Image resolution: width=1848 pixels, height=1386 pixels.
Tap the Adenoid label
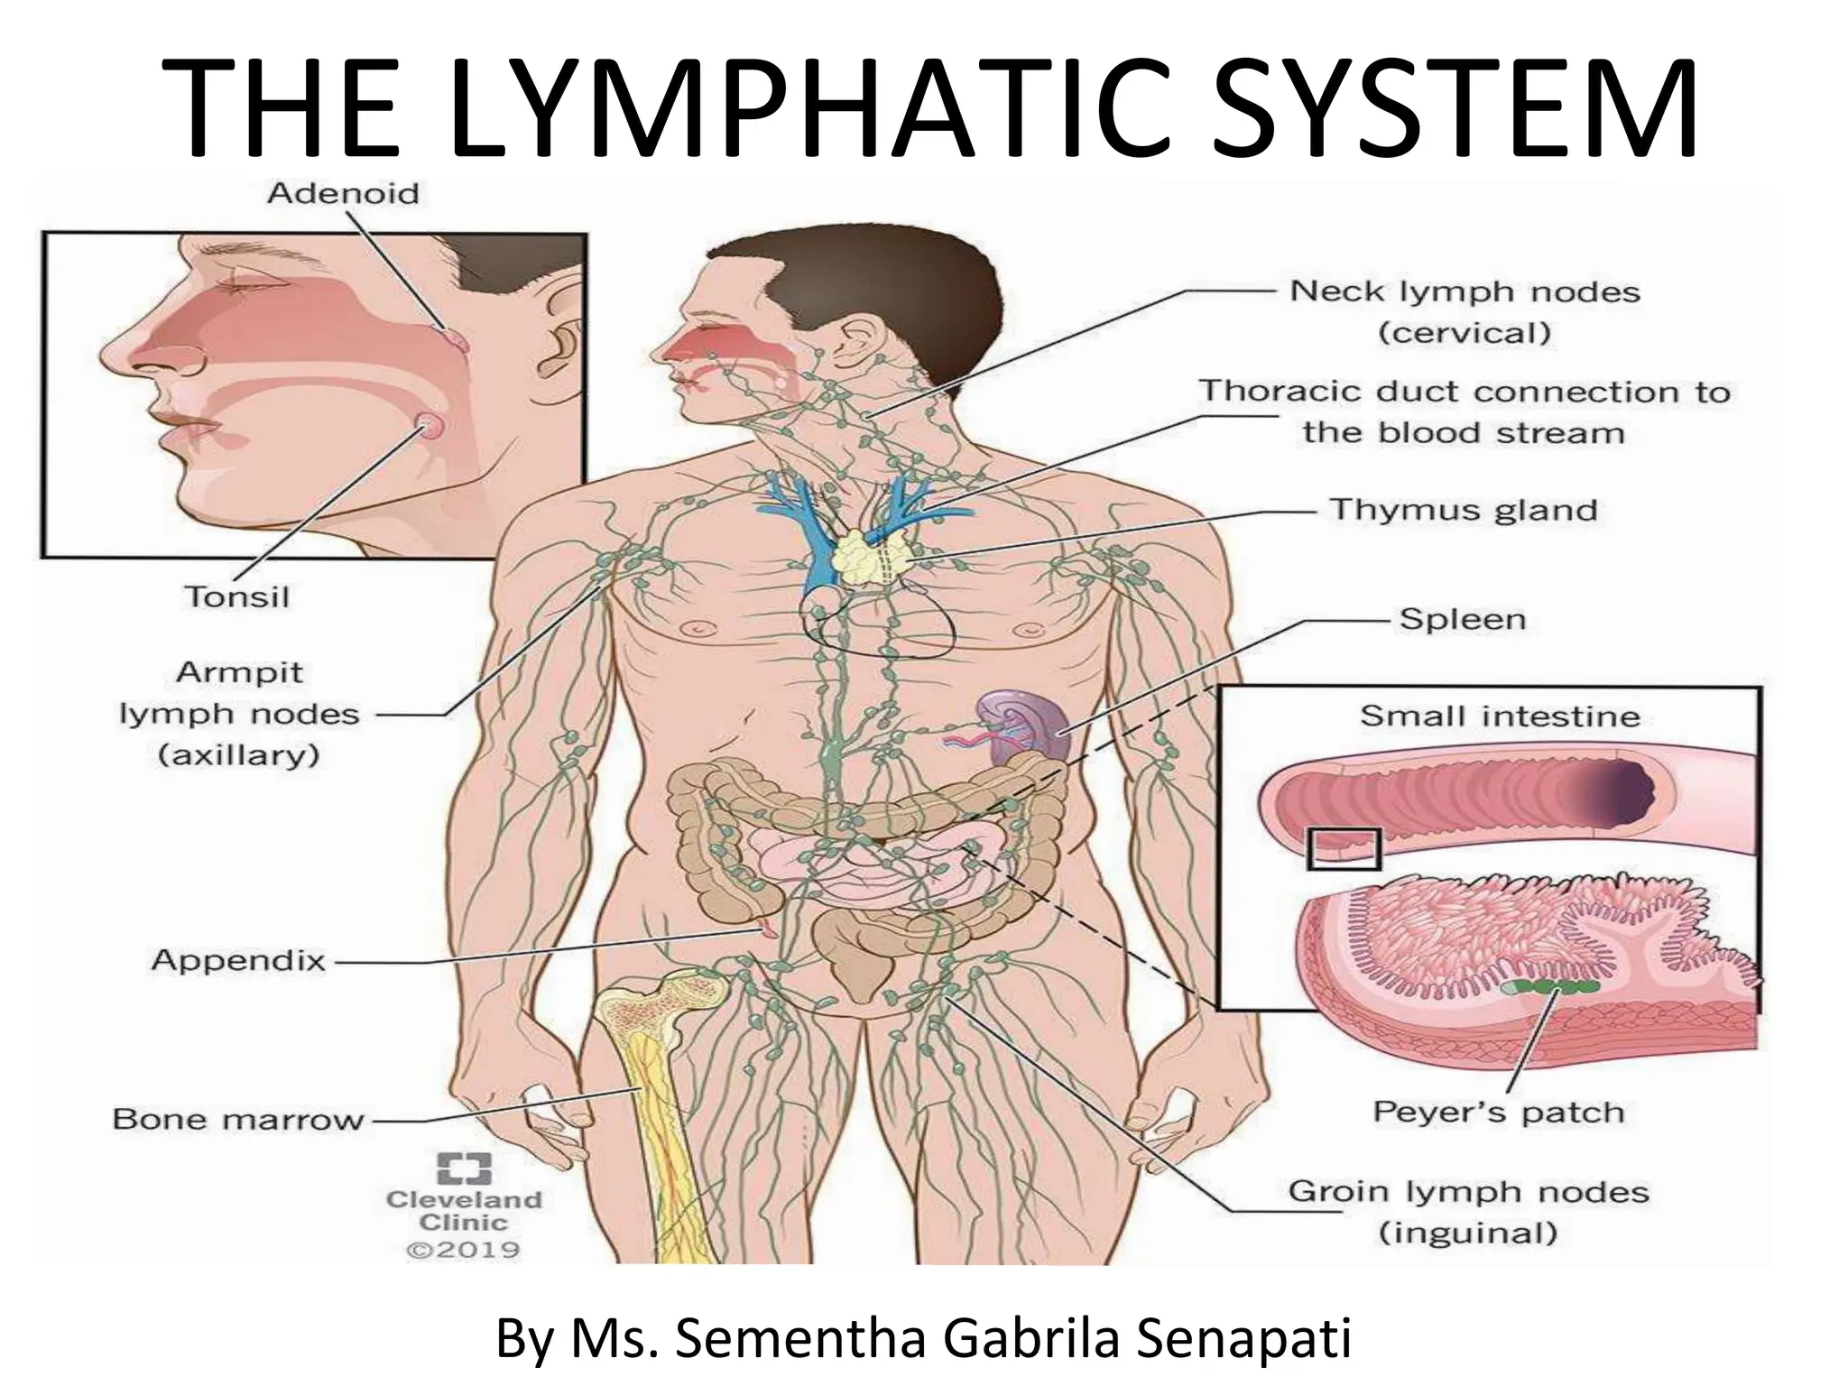344,194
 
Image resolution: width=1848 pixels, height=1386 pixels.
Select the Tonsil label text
237,596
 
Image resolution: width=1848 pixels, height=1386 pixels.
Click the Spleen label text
1463,620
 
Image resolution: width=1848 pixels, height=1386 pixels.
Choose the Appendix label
238,960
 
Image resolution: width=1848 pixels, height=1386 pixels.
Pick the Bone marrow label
239,1120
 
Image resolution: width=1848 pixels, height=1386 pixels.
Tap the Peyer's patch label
1499,1113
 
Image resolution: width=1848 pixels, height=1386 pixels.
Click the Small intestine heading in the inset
1500,716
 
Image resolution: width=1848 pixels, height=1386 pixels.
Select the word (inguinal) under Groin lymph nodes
1468,1233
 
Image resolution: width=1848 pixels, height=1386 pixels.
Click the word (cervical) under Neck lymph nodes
1465,333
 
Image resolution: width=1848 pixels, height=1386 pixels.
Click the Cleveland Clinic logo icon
465,1168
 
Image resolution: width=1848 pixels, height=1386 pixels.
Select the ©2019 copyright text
464,1250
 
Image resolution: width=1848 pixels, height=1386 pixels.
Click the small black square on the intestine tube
1344,848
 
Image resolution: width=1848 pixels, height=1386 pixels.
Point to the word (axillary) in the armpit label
239,754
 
